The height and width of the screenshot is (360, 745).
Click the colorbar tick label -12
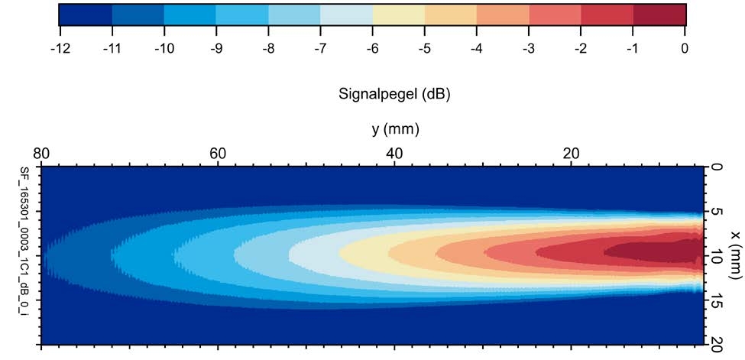click(60, 49)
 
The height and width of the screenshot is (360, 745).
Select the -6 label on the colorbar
click(372, 49)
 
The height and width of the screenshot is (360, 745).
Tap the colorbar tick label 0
click(685, 49)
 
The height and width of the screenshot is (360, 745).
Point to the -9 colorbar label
click(215, 49)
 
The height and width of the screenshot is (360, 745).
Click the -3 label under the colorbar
click(529, 49)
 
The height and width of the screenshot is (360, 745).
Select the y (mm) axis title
click(396, 129)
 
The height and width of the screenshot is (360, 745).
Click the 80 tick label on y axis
click(42, 153)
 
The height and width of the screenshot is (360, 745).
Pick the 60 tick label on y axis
click(219, 153)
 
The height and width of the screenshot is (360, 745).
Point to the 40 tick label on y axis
click(395, 153)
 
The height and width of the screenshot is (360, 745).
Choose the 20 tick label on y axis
click(572, 153)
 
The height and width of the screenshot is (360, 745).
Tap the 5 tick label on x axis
click(716, 212)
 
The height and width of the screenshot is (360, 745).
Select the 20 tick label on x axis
click(716, 345)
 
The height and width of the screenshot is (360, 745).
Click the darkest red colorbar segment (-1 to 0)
click(659, 14)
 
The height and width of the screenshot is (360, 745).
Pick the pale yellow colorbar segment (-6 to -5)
click(398, 14)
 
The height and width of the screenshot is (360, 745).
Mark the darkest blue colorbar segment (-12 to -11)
click(85, 14)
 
